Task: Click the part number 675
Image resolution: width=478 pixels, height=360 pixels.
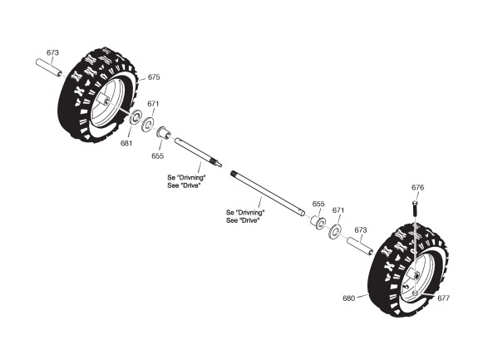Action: [154, 77]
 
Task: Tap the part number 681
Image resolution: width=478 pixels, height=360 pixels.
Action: [126, 143]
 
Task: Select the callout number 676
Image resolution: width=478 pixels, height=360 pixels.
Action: [417, 187]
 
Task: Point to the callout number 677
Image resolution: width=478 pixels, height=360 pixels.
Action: [443, 298]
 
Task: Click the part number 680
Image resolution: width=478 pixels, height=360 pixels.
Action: [349, 298]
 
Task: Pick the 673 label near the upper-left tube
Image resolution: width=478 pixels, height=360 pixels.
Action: [52, 52]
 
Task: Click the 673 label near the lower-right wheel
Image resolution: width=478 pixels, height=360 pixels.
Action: [361, 230]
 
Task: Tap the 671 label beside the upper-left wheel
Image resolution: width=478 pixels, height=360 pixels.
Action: [153, 104]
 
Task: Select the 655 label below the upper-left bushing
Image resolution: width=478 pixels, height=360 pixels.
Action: [158, 156]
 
